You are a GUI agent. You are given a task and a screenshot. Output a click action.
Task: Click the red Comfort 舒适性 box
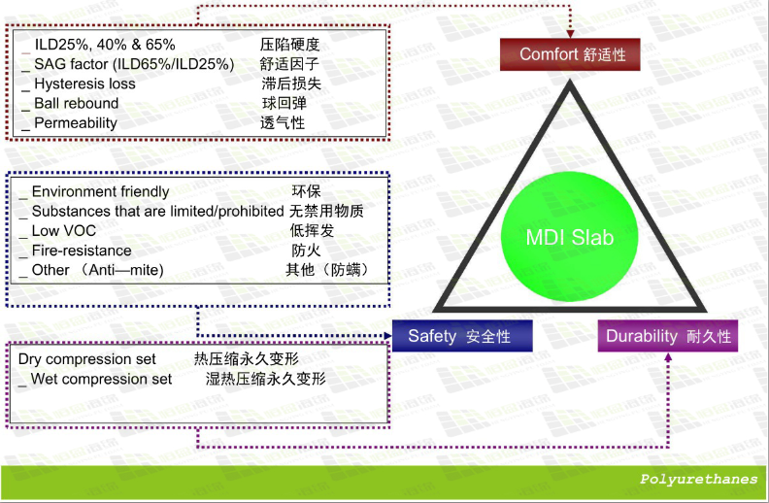tap(570, 54)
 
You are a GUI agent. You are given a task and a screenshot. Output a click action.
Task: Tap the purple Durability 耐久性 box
tap(668, 336)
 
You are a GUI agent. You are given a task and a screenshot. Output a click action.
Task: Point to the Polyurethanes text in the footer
tap(698, 479)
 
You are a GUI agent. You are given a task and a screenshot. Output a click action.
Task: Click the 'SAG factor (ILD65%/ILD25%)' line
tap(127, 64)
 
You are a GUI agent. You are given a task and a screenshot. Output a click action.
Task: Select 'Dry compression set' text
tap(86, 359)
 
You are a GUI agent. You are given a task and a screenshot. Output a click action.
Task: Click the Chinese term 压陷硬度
tap(289, 44)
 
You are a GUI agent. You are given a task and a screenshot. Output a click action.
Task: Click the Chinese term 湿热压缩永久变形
tap(265, 379)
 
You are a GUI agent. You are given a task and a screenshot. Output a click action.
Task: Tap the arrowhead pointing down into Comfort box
tap(570, 33)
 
